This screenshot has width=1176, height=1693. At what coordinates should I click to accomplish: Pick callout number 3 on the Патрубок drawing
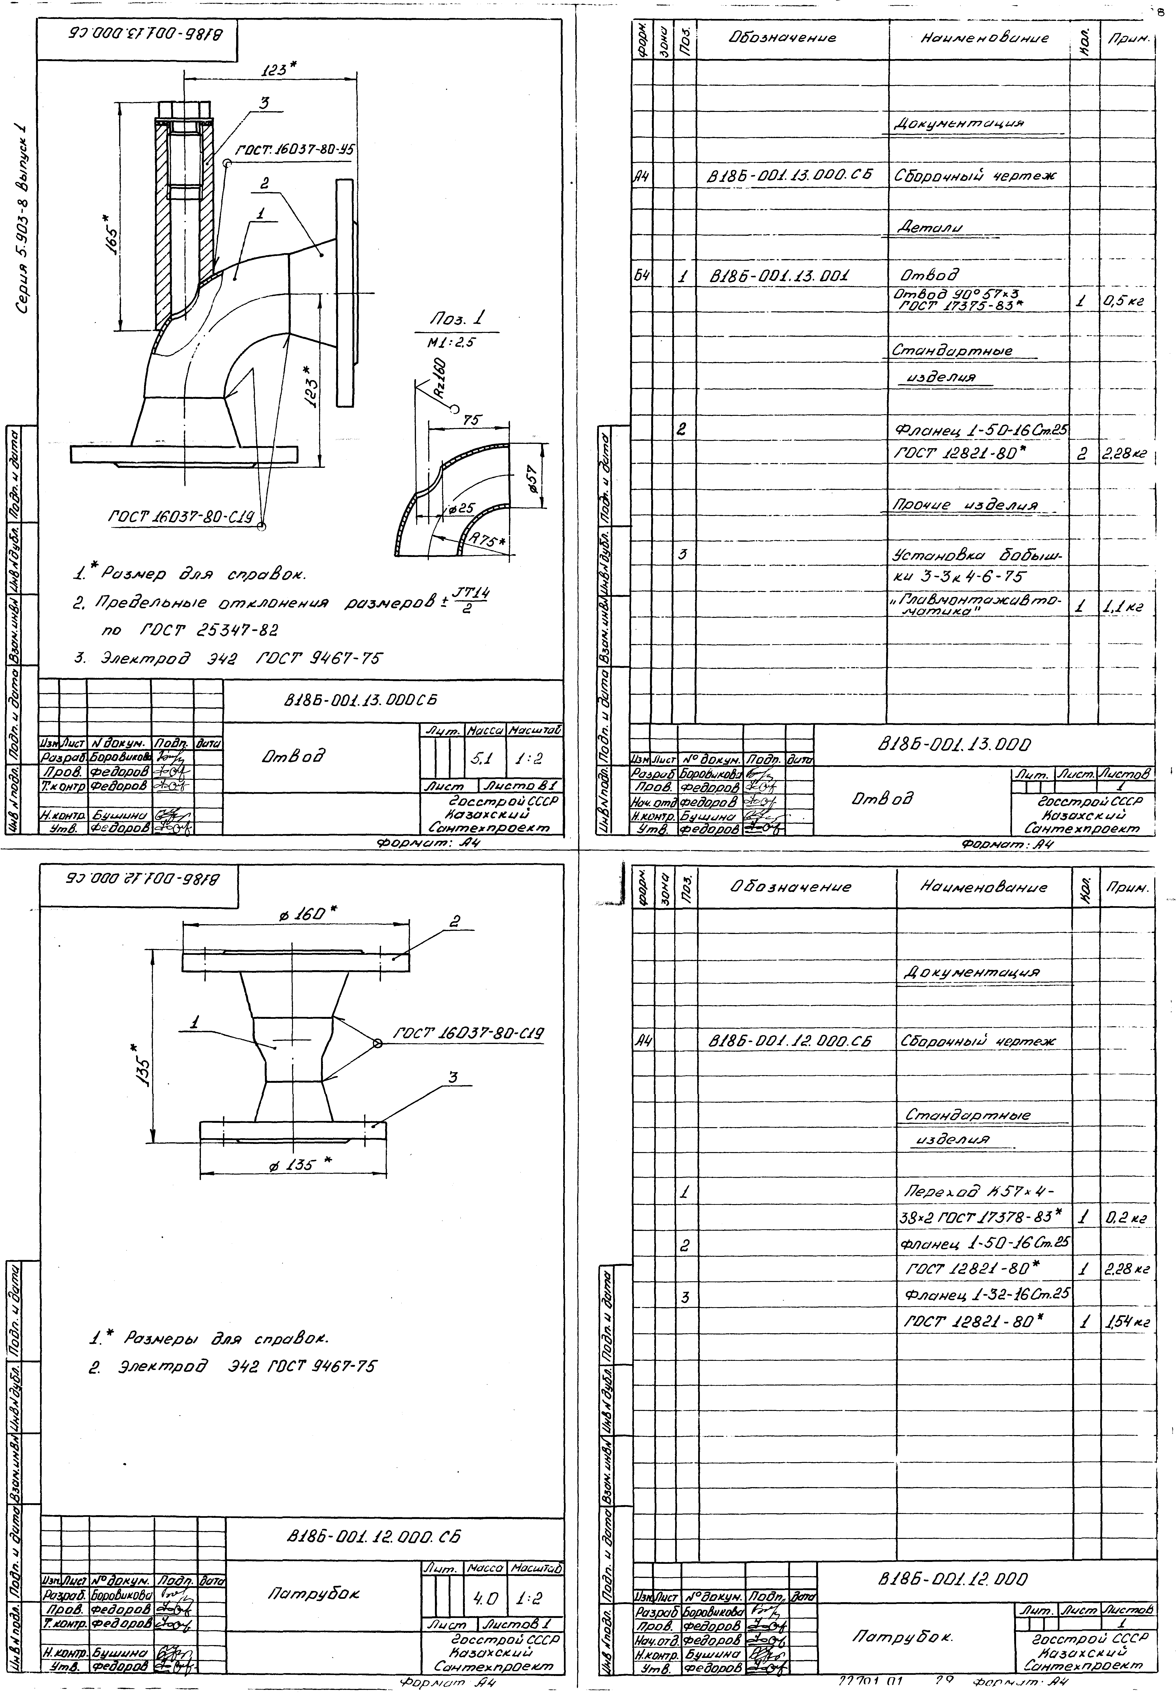click(454, 1077)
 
